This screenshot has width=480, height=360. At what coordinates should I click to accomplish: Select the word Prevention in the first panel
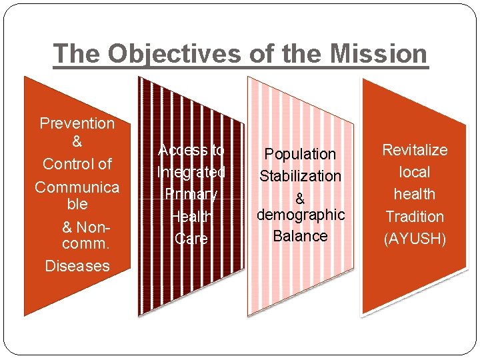pyautogui.click(x=77, y=123)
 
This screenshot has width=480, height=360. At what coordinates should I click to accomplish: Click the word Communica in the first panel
pyautogui.click(x=77, y=187)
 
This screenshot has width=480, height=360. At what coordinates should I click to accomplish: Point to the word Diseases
pyautogui.click(x=77, y=266)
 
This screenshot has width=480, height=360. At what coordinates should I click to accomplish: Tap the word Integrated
pyautogui.click(x=191, y=172)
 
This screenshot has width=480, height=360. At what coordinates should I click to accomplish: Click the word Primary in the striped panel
pyautogui.click(x=191, y=194)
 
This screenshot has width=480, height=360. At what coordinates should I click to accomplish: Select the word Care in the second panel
pyautogui.click(x=191, y=239)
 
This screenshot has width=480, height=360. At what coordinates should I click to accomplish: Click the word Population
pyautogui.click(x=300, y=154)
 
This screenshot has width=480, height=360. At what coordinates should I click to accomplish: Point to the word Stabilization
pyautogui.click(x=300, y=176)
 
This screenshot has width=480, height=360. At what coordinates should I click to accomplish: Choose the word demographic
pyautogui.click(x=300, y=215)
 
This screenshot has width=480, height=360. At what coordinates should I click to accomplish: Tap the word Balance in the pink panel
pyautogui.click(x=300, y=236)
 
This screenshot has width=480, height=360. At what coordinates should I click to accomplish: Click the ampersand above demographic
pyautogui.click(x=300, y=199)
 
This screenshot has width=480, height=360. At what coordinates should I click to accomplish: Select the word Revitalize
pyautogui.click(x=415, y=150)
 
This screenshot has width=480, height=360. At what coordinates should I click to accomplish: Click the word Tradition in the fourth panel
pyautogui.click(x=415, y=217)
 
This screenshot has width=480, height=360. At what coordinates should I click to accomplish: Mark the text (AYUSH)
pyautogui.click(x=415, y=239)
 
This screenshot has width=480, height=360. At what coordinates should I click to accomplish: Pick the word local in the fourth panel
pyautogui.click(x=415, y=172)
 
